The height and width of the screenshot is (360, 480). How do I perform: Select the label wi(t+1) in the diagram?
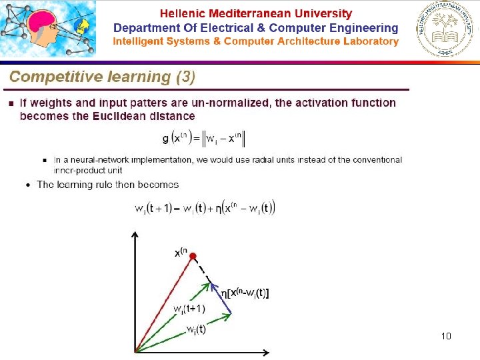click(x=190, y=309)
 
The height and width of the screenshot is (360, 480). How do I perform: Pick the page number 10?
click(x=446, y=336)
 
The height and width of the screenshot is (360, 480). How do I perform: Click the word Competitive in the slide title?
click(x=49, y=77)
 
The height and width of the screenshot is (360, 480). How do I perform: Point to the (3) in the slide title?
click(x=185, y=77)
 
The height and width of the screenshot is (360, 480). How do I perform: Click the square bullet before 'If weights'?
click(x=11, y=103)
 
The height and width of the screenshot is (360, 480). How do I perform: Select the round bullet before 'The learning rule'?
click(x=27, y=185)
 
